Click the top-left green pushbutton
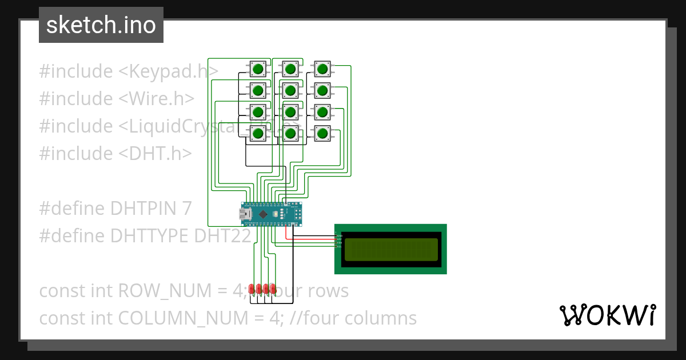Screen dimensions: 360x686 coord(258,69)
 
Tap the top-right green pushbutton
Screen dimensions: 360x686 coord(322,69)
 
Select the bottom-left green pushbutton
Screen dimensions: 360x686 coord(258,134)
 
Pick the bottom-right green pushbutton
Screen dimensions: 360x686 coord(322,134)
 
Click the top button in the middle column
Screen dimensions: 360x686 coord(290,69)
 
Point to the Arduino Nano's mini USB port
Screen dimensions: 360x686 coord(244,214)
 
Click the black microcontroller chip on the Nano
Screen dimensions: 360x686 coord(263,214)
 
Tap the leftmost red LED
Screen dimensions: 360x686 coord(252,289)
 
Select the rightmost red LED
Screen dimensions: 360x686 coord(273,289)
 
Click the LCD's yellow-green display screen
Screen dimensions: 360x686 coord(390,249)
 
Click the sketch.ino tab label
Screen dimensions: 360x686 coord(101,25)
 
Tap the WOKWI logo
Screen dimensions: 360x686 coord(607,315)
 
